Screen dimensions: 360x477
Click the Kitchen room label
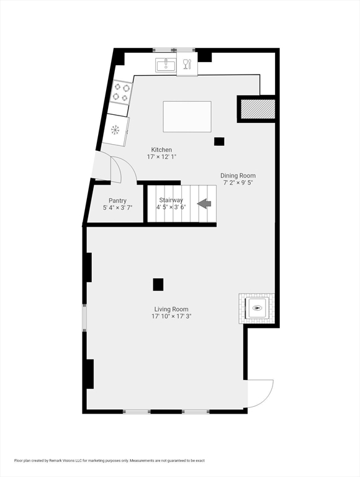161,150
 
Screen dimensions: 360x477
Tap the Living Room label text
171,309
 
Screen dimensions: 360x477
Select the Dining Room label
238,176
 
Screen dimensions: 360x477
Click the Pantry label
117,201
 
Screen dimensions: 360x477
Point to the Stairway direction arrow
204,204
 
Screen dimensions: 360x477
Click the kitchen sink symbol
166,65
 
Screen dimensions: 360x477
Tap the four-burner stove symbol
121,93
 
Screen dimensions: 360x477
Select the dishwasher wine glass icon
187,64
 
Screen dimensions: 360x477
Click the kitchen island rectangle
187,117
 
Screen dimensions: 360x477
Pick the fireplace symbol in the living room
257,308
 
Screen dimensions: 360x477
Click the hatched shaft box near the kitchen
258,109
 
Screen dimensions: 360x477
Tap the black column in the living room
158,284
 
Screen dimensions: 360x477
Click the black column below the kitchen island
219,142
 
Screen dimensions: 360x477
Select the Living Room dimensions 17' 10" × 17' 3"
171,316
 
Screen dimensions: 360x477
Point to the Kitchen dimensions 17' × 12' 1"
161,157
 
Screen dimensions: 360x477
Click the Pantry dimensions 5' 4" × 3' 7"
118,208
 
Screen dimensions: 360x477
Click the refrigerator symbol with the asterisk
115,130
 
